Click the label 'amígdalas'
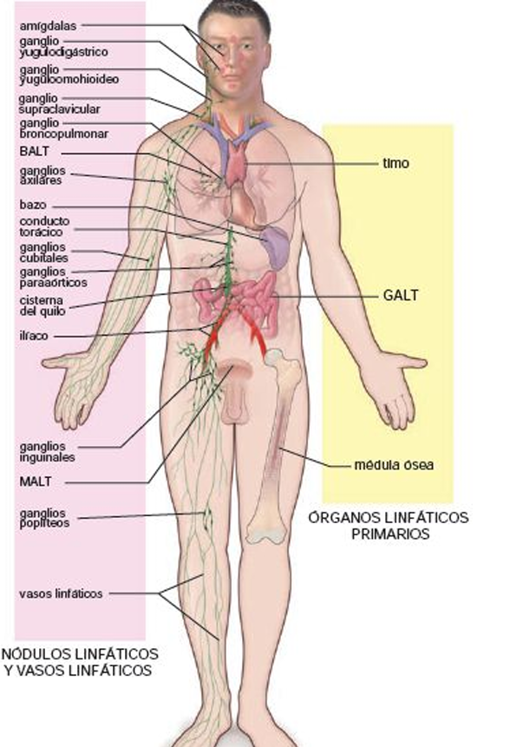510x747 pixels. point(48,26)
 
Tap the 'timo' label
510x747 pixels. point(396,163)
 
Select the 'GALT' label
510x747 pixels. point(401,295)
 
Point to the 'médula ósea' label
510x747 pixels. point(393,465)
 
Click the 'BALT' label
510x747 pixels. point(35,152)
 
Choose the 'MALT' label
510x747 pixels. point(36,482)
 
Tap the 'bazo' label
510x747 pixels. point(33,206)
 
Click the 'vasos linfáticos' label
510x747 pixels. point(61,593)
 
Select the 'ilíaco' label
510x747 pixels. point(34,336)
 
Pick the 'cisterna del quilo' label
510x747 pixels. point(42,306)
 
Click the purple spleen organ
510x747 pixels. point(275,247)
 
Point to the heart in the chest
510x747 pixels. point(244,194)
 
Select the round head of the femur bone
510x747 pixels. point(274,357)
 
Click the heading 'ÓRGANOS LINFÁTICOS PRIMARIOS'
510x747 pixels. point(389,526)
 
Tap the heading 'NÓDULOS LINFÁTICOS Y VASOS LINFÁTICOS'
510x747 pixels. point(80,662)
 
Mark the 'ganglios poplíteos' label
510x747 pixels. point(44,518)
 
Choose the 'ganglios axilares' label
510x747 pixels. point(42,175)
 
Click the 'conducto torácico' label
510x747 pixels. point(44,226)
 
